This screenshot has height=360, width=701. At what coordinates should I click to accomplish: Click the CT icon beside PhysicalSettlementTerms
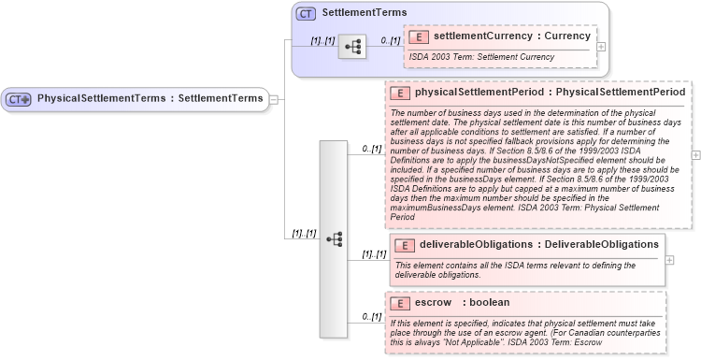pyautogui.click(x=20, y=98)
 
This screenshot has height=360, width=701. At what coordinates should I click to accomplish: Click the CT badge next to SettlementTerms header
pyautogui.click(x=307, y=14)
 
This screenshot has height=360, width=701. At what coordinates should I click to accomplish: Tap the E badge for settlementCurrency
pyautogui.click(x=421, y=36)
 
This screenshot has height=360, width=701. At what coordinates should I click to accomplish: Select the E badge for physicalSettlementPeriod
pyautogui.click(x=401, y=94)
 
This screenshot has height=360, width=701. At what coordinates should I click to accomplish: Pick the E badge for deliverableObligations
pyautogui.click(x=406, y=245)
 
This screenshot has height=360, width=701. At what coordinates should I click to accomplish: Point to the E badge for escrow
pyautogui.click(x=401, y=303)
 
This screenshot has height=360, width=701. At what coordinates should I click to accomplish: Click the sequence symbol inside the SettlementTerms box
pyautogui.click(x=351, y=45)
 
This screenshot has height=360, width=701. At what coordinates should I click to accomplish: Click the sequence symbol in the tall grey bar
pyautogui.click(x=334, y=238)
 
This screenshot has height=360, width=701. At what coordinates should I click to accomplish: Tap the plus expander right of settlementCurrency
pyautogui.click(x=601, y=46)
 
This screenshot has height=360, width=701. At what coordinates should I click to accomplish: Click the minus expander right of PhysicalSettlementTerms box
pyautogui.click(x=274, y=98)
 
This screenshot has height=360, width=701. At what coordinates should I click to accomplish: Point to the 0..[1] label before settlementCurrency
pyautogui.click(x=390, y=40)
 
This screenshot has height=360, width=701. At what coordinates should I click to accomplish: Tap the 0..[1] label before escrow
pyautogui.click(x=372, y=317)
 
